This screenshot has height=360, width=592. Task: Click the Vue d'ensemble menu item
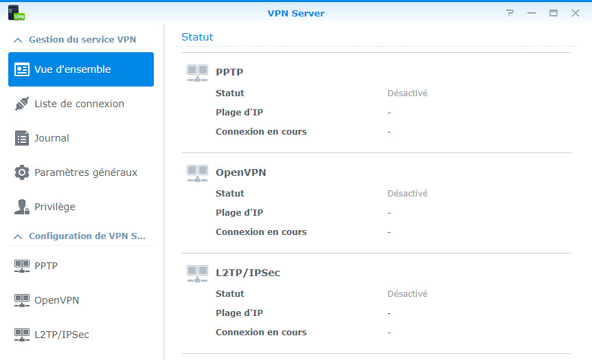[x=81, y=69]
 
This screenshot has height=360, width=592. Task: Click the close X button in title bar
[x=576, y=13]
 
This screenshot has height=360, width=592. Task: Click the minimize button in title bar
[x=532, y=13]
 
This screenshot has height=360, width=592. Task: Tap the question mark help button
[x=510, y=13]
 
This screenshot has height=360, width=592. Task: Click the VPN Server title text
[x=296, y=14]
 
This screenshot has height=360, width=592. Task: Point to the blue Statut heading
[x=197, y=37]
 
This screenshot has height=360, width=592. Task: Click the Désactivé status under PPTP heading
[x=407, y=93]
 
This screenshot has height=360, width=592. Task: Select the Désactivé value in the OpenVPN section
[x=407, y=194]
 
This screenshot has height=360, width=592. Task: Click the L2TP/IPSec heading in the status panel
[x=248, y=273]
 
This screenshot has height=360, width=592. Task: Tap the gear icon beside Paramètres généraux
[x=22, y=172]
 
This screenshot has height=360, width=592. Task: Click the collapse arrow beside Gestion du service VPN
[x=18, y=40]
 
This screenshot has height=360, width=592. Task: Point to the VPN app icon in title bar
[x=16, y=12]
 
